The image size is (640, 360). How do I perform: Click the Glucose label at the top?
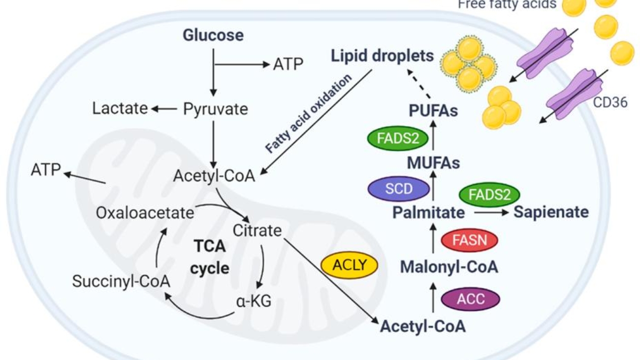213,35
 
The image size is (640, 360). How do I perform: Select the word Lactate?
120,108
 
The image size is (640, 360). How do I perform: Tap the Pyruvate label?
216,109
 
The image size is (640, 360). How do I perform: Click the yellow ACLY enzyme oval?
349,265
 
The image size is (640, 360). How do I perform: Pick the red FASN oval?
469,240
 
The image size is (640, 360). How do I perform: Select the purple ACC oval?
471,298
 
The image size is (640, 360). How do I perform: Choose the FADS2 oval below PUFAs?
398,139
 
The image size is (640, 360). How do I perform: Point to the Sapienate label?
551,212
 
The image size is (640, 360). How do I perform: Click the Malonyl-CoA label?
449,267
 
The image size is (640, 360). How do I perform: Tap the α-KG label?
253,301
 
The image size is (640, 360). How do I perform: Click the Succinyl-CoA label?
121,281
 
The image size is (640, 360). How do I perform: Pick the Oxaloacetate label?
145,214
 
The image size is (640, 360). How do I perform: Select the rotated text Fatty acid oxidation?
308,113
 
